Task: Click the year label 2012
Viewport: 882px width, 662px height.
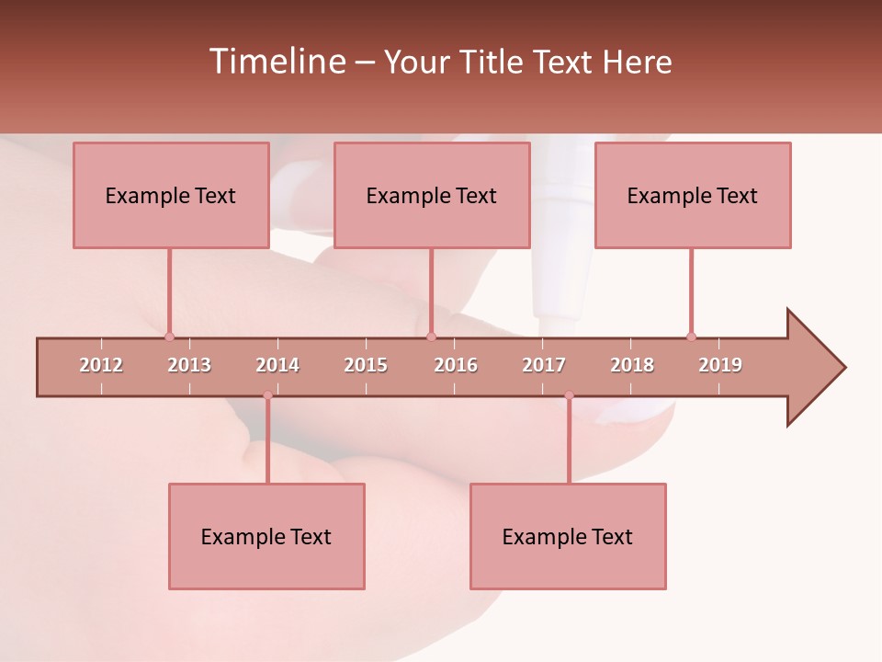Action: pos(101,365)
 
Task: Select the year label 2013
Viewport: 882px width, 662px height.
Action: pos(189,365)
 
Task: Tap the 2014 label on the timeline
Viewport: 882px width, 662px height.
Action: pos(277,365)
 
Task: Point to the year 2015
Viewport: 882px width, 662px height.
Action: pos(366,365)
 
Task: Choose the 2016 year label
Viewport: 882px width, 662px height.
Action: pos(456,365)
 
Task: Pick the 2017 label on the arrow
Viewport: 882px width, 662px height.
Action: pos(544,365)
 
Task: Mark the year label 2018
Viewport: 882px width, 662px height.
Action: pos(632,365)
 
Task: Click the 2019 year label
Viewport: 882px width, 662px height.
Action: pos(720,365)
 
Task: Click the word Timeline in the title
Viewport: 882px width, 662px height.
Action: pos(277,62)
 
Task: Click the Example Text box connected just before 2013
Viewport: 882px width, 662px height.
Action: pos(171,195)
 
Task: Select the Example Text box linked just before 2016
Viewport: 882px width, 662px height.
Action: pos(432,195)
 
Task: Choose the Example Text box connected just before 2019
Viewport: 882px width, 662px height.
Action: pos(693,195)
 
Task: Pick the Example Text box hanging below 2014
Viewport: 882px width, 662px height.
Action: pos(266,536)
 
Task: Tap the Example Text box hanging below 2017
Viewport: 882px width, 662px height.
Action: pos(568,536)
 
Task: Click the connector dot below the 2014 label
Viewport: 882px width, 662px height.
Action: pos(267,395)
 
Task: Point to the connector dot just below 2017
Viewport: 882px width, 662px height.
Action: pos(569,395)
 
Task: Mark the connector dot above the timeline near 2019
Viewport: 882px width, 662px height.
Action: pos(691,337)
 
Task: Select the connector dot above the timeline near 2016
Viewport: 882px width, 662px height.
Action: pos(431,337)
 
